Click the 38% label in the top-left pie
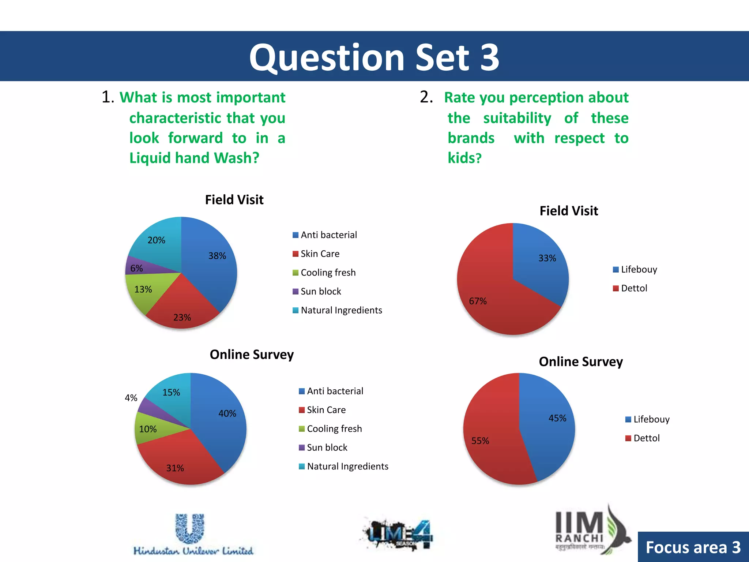[x=217, y=256]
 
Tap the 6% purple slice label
[x=136, y=268]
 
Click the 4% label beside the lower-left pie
[x=131, y=398]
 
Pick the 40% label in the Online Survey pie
[x=227, y=413]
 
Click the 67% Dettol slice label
[x=478, y=301]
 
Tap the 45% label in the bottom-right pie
[x=557, y=418]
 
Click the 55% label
[x=480, y=441]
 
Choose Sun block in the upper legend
[x=320, y=291]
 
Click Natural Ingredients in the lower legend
[x=347, y=466]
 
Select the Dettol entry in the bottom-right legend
[x=646, y=438]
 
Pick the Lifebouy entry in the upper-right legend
[x=639, y=269]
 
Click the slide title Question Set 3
[x=374, y=57]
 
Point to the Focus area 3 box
[x=693, y=547]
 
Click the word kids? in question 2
[x=464, y=158]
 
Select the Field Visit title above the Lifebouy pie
[x=569, y=211]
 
